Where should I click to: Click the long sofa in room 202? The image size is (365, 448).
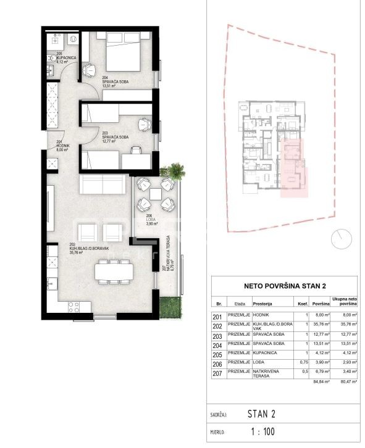click(103, 186)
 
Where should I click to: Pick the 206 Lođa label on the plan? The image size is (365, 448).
click(151, 221)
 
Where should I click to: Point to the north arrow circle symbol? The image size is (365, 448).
click(338, 238)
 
